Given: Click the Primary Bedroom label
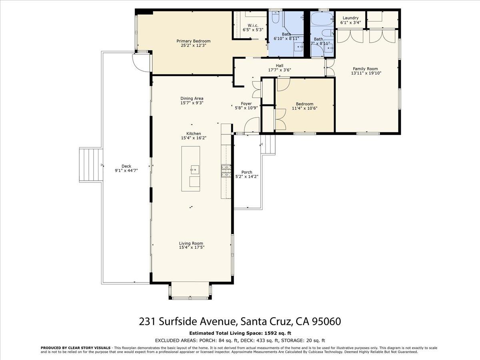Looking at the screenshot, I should coord(194,41).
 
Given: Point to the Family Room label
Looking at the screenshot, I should coord(365,69).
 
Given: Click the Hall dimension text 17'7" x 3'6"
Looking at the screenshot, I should coord(279,70).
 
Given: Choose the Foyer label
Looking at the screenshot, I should coord(246,104).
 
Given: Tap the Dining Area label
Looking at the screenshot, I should coord(192,98).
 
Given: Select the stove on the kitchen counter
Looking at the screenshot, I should coord(226,171).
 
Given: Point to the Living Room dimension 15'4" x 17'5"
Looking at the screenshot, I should coord(191,248).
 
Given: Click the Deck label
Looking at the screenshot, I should coord(126,166).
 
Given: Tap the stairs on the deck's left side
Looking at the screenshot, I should coord(91,165).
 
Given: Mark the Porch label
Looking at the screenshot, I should coord(247,172).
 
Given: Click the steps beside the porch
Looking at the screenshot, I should coord(268,144).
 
